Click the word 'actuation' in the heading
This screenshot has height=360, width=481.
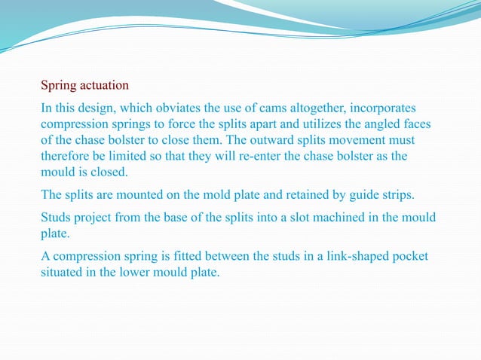point(106,85)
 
